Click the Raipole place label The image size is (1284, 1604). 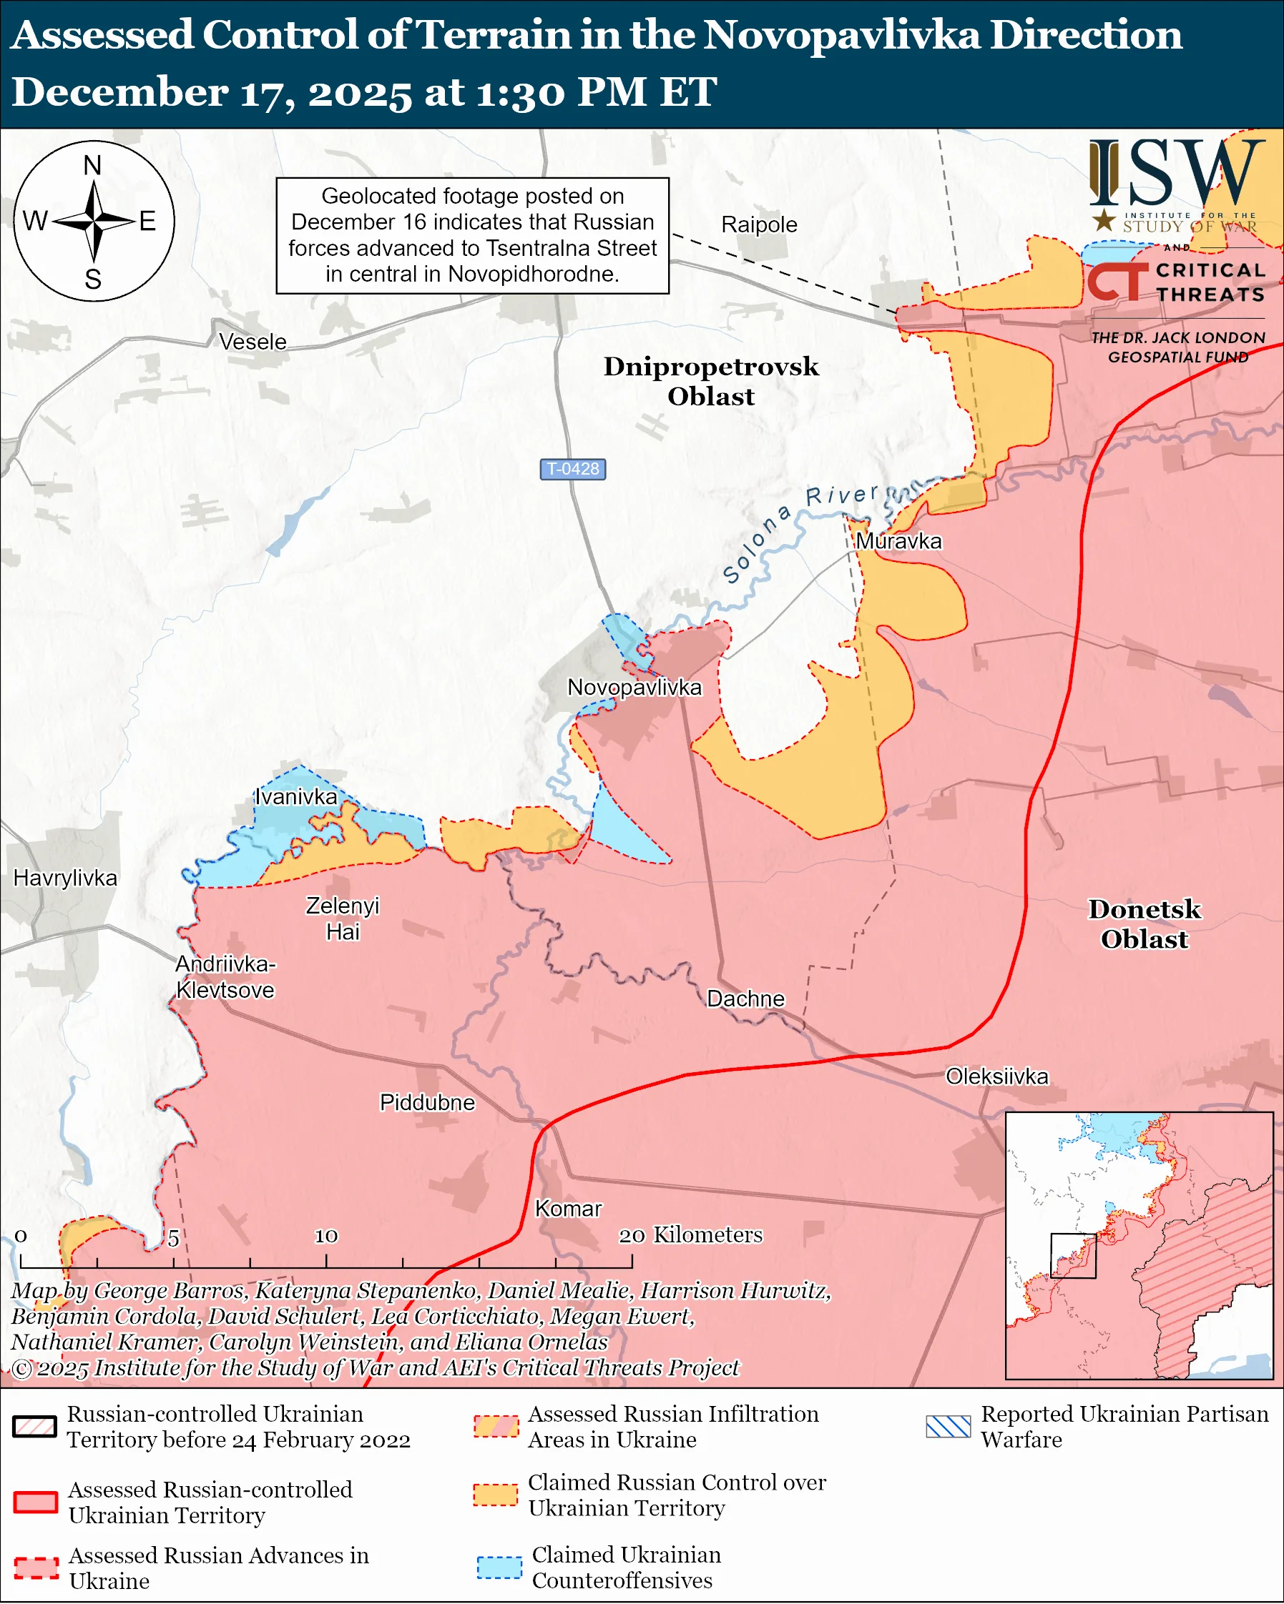[x=758, y=224]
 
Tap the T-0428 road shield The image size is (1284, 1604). [x=572, y=469]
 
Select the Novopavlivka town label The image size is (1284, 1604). [x=634, y=687]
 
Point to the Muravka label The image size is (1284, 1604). [x=898, y=541]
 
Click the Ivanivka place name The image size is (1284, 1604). [x=295, y=797]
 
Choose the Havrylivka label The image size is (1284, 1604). [x=66, y=878]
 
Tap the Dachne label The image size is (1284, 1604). [x=745, y=999]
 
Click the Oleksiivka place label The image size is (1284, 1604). [x=996, y=1076]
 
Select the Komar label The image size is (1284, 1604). [x=568, y=1208]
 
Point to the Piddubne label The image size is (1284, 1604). [x=426, y=1101]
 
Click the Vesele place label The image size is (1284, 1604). [x=253, y=342]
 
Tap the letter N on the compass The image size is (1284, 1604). [x=92, y=165]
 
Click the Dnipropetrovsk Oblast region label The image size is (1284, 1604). [x=710, y=381]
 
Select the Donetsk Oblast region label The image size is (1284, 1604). [x=1144, y=924]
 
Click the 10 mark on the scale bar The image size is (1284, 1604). [x=326, y=1236]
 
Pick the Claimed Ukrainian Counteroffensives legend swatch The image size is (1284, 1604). [x=499, y=1568]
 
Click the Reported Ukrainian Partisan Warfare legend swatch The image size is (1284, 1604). [x=949, y=1426]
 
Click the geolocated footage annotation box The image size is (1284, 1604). [x=472, y=235]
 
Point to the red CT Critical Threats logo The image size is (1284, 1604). [x=1116, y=281]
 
